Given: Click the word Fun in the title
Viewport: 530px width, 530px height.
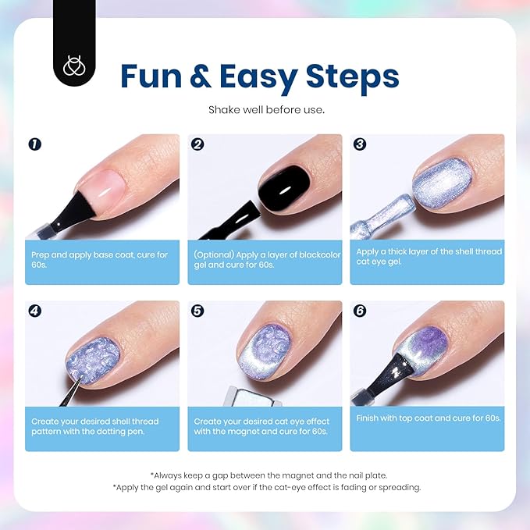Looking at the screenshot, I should (154, 76).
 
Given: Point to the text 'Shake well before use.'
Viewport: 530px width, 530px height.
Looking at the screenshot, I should (266, 110).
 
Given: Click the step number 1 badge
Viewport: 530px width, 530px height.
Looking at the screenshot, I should (34, 144).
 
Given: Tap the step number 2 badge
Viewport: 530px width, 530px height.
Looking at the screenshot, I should (197, 144).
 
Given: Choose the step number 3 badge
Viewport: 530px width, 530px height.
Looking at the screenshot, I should (360, 144).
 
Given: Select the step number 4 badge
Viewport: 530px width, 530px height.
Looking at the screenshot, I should (34, 311).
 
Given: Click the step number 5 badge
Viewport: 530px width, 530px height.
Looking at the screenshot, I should (197, 311).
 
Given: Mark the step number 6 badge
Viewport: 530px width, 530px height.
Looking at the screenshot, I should (360, 311).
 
